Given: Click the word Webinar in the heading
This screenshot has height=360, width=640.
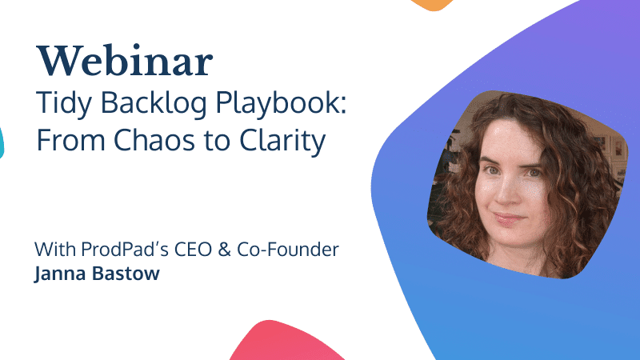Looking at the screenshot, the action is [125, 61].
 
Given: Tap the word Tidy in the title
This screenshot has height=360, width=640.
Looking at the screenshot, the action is [64, 104].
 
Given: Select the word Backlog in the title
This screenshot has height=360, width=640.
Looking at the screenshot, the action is [154, 104].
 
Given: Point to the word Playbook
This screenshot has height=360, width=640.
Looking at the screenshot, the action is [281, 104].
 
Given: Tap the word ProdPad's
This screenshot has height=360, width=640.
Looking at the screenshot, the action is [125, 249].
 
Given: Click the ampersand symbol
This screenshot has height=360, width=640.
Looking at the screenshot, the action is [225, 250].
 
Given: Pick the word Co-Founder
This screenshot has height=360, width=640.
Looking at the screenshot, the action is [288, 249].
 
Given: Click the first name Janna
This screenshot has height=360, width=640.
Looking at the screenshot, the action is [60, 274].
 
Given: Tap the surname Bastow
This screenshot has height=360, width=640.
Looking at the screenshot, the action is [126, 273].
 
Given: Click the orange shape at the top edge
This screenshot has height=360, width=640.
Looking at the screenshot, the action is [432, 5].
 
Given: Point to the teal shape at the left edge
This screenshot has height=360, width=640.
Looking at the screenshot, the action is [2, 142].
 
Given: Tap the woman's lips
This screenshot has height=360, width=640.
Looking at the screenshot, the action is [508, 219].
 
